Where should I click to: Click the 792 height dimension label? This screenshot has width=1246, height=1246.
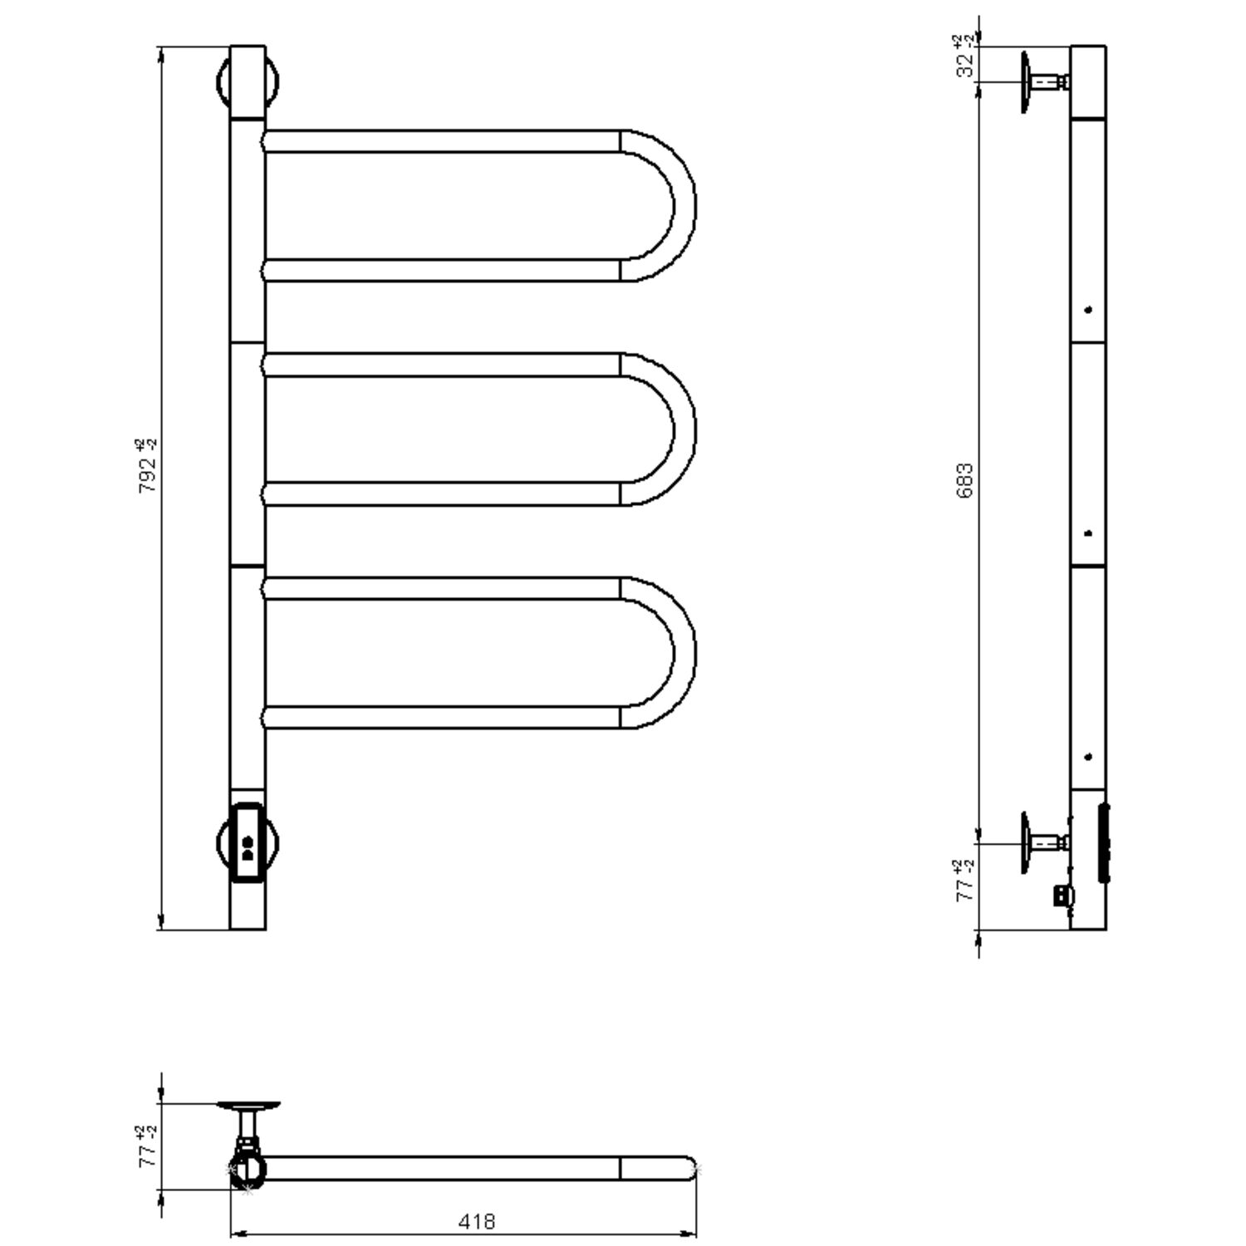(x=146, y=467)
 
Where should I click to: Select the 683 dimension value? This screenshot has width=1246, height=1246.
(x=964, y=480)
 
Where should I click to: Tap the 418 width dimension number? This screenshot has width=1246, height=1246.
(x=476, y=1222)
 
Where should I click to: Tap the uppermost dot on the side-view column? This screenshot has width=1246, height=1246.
(x=1088, y=310)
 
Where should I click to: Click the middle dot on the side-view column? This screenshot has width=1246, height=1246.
(x=1089, y=533)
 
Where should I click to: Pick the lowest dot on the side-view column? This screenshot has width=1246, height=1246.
(x=1088, y=757)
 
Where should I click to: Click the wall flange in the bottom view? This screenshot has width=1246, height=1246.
(x=248, y=1106)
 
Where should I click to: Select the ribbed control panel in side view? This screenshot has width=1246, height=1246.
(x=1105, y=842)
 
